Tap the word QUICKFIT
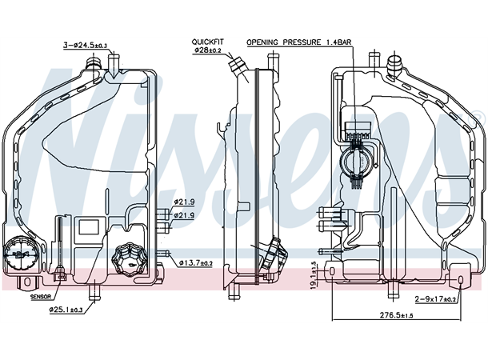coord(207,41)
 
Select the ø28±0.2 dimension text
coord(208,50)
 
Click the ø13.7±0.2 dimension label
coord(196,262)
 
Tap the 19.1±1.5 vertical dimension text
coord(314,274)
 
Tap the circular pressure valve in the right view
coord(354,163)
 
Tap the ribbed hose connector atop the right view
coord(395,62)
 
